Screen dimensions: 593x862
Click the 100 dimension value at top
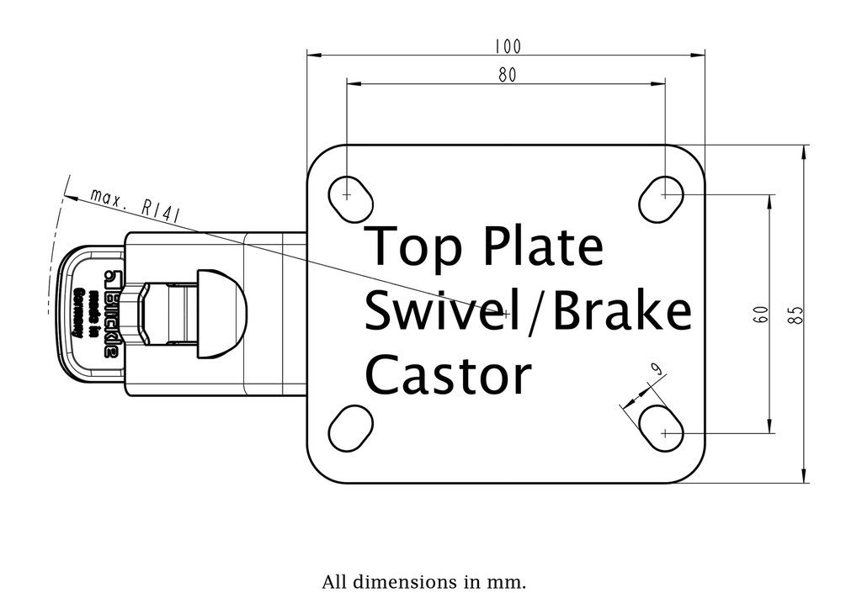point(508,45)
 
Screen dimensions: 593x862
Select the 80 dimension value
point(507,75)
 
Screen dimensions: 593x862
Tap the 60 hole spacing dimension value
point(759,315)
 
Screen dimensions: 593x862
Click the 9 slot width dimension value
point(656,368)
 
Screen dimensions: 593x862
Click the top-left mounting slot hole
point(349,196)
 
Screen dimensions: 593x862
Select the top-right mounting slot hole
point(662,197)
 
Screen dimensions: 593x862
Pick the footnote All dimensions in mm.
point(423,582)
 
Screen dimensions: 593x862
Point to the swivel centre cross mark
point(506,314)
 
